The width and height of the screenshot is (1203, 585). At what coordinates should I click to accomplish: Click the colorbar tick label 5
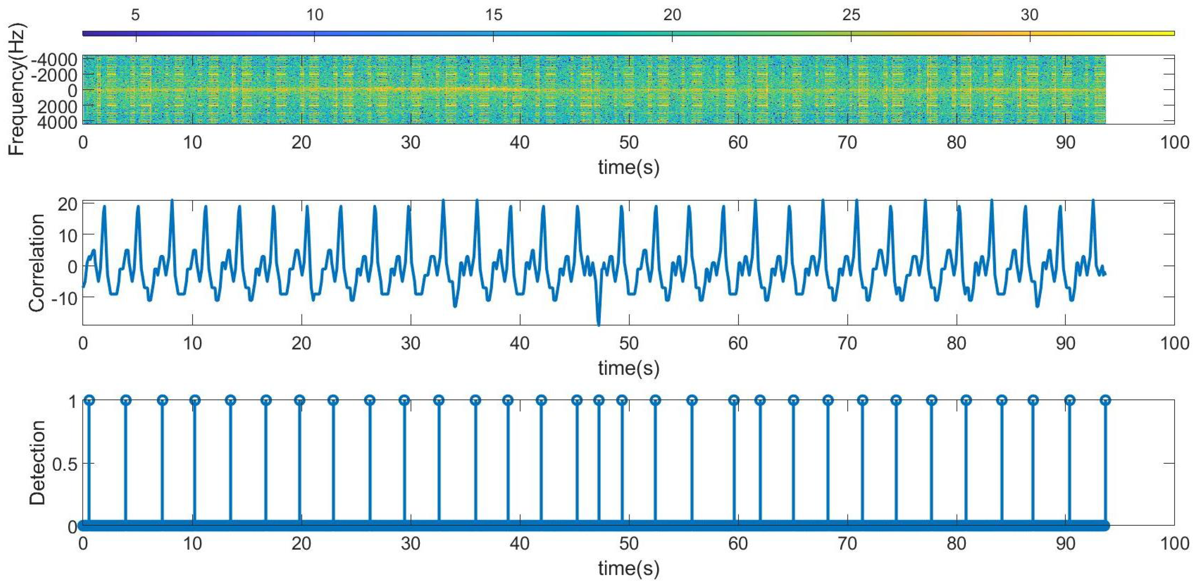pyautogui.click(x=135, y=15)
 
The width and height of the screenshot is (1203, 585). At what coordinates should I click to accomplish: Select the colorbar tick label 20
pyautogui.click(x=672, y=15)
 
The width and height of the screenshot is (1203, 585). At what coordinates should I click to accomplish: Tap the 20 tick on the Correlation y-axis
pyautogui.click(x=67, y=204)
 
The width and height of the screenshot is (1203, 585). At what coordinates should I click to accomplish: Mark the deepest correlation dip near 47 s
pyautogui.click(x=599, y=324)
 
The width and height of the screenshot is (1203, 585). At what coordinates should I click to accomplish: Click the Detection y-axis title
pyautogui.click(x=37, y=463)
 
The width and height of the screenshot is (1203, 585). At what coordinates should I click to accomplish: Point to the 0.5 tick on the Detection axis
pyautogui.click(x=65, y=464)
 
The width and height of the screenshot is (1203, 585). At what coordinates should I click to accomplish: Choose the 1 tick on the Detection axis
pyautogui.click(x=72, y=401)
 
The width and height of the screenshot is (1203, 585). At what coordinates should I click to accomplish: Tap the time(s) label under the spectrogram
pyautogui.click(x=629, y=167)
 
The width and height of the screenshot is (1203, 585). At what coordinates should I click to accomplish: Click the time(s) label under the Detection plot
pyautogui.click(x=629, y=568)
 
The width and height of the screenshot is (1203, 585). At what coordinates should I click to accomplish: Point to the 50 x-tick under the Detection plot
pyautogui.click(x=629, y=544)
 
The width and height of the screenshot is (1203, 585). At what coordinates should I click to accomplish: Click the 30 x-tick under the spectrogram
pyautogui.click(x=410, y=142)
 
